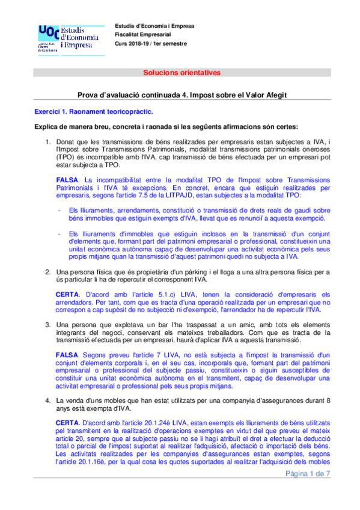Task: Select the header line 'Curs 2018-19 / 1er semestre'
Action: click(x=151, y=44)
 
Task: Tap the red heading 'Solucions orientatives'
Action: click(x=181, y=73)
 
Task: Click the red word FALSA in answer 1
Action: click(x=67, y=180)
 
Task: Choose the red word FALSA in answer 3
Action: click(x=67, y=355)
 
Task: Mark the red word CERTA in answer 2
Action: click(x=67, y=293)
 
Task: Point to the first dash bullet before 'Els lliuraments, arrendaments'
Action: click(x=58, y=210)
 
